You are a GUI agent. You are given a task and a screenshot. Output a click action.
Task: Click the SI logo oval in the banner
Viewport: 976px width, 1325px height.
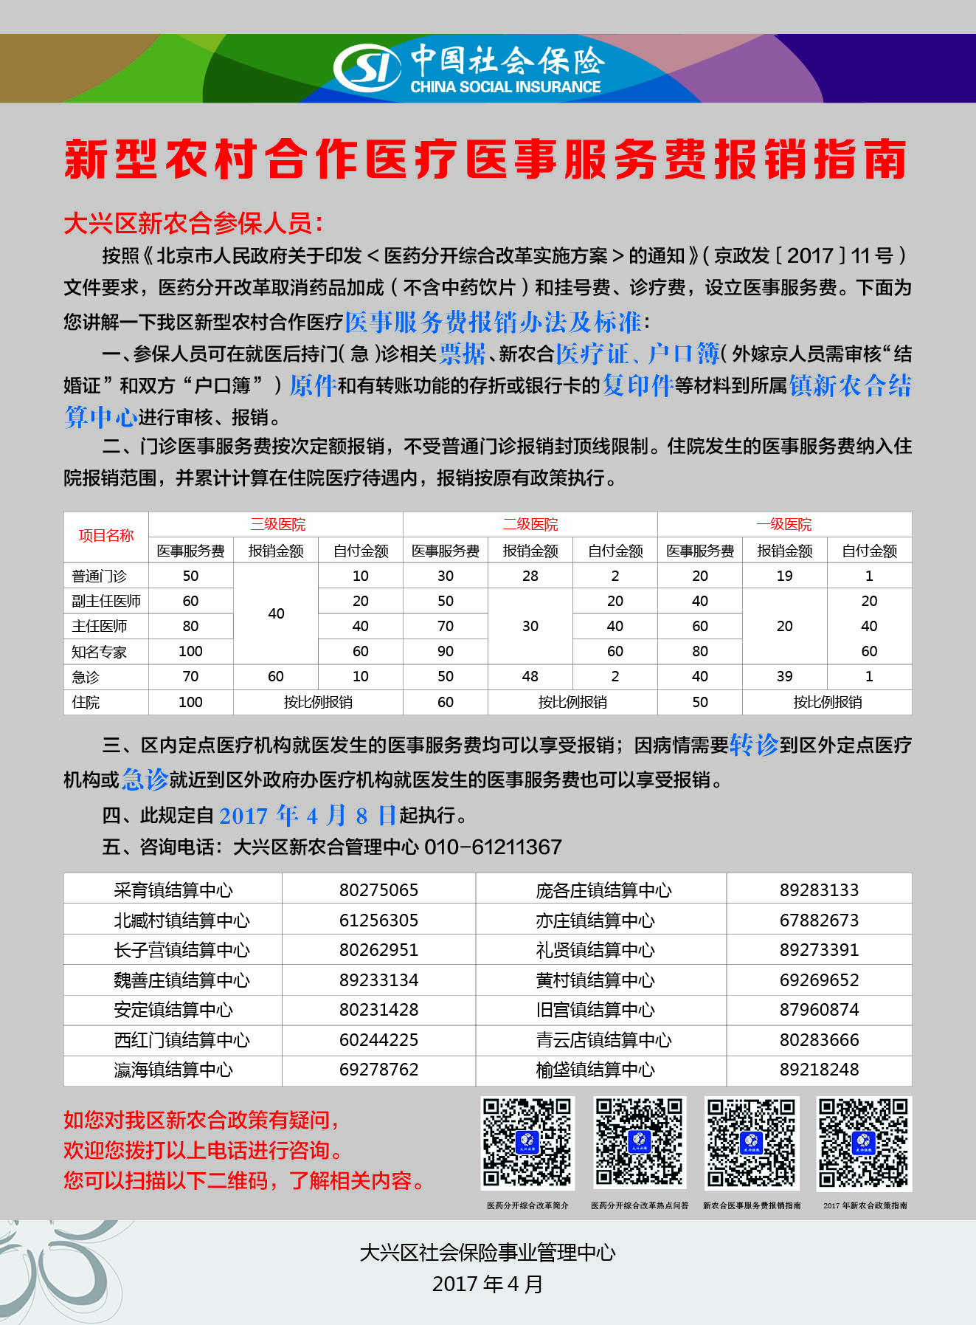[x=367, y=68]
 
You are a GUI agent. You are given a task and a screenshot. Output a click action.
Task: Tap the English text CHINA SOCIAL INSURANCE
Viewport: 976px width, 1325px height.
[x=505, y=87]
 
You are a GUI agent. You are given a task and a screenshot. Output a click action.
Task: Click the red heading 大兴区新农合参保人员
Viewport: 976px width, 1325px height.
[x=193, y=223]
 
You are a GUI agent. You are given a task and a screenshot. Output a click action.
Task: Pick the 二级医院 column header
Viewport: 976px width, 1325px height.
[x=530, y=525]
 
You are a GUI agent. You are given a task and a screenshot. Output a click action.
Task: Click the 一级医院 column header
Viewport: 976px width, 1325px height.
[x=784, y=525]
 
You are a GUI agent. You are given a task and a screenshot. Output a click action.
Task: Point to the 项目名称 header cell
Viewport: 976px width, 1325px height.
[x=106, y=536]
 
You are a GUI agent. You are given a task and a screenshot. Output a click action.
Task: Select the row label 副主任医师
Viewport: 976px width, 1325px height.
[x=106, y=601]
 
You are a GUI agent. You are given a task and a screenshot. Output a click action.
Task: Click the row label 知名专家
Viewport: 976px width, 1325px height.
[x=100, y=652]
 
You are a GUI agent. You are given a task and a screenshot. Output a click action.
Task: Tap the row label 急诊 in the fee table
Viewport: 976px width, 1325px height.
[x=86, y=677]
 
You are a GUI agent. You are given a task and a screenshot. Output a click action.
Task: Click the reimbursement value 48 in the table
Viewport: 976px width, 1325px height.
[x=530, y=676]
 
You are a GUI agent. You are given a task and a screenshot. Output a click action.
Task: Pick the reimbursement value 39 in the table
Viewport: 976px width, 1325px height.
[x=784, y=676]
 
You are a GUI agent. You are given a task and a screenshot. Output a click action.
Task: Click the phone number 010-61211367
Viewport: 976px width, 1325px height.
[x=493, y=847]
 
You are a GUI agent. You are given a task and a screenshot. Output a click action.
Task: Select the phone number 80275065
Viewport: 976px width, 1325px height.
[x=378, y=890]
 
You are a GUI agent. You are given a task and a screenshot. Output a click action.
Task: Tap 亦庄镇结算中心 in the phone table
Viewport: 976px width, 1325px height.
[x=595, y=920]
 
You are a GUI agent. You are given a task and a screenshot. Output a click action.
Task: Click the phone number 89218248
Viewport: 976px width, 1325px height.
[x=819, y=1070]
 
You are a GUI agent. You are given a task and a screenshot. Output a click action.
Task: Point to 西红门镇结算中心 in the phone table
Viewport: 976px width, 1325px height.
[x=181, y=1040]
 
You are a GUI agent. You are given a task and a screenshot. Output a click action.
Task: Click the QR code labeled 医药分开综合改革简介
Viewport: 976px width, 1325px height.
[x=527, y=1143]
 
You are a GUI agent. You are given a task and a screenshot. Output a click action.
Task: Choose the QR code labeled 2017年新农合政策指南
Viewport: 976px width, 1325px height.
[x=864, y=1143]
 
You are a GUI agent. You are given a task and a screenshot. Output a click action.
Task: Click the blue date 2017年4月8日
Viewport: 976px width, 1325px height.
[x=308, y=815]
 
